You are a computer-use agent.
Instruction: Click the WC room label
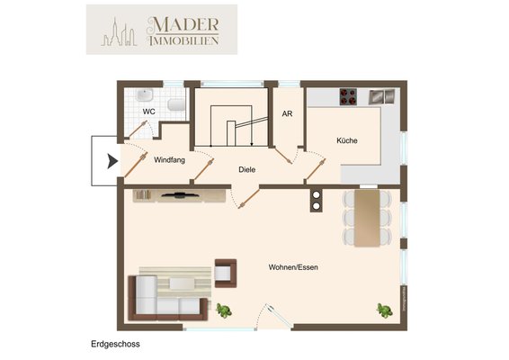point(149,112)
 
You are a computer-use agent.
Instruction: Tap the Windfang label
point(169,160)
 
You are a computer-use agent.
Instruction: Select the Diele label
point(247,169)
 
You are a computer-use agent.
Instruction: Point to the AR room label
point(287,113)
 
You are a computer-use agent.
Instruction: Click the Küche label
point(347,140)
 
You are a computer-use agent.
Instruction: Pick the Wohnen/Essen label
point(293,267)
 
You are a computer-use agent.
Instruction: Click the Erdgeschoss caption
point(116,344)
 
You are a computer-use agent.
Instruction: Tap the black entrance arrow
point(112,161)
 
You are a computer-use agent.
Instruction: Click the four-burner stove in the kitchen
point(348,96)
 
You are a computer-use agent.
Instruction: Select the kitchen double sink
point(382,96)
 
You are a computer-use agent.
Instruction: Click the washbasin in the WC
point(145,95)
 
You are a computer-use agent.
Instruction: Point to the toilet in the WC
point(176,104)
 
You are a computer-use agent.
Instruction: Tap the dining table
point(367,218)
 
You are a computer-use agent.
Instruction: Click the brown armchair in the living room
point(226,274)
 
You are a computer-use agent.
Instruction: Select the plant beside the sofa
point(224,310)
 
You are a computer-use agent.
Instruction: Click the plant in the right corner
point(385,310)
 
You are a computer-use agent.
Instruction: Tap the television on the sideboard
point(180,195)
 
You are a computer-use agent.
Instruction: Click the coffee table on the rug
point(182,283)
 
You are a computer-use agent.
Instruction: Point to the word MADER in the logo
point(183,24)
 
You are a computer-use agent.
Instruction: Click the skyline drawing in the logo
point(119,32)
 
